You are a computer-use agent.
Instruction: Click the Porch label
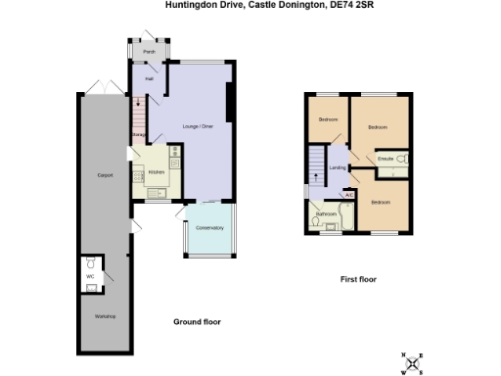(x=149, y=51)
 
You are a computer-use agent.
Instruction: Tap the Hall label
(x=150, y=77)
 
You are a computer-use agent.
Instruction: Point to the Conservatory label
(x=209, y=227)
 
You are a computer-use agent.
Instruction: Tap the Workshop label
(x=105, y=316)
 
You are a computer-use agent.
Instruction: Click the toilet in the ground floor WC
(x=90, y=264)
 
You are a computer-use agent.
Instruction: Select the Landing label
(x=338, y=168)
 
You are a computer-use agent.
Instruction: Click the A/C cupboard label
(x=348, y=193)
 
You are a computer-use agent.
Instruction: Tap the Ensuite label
(x=386, y=158)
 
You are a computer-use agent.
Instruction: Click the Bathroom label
(x=326, y=212)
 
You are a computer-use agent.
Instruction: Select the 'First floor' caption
(x=358, y=279)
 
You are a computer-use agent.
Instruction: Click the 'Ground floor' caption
(x=197, y=321)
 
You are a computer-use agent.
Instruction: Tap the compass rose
(x=417, y=363)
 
